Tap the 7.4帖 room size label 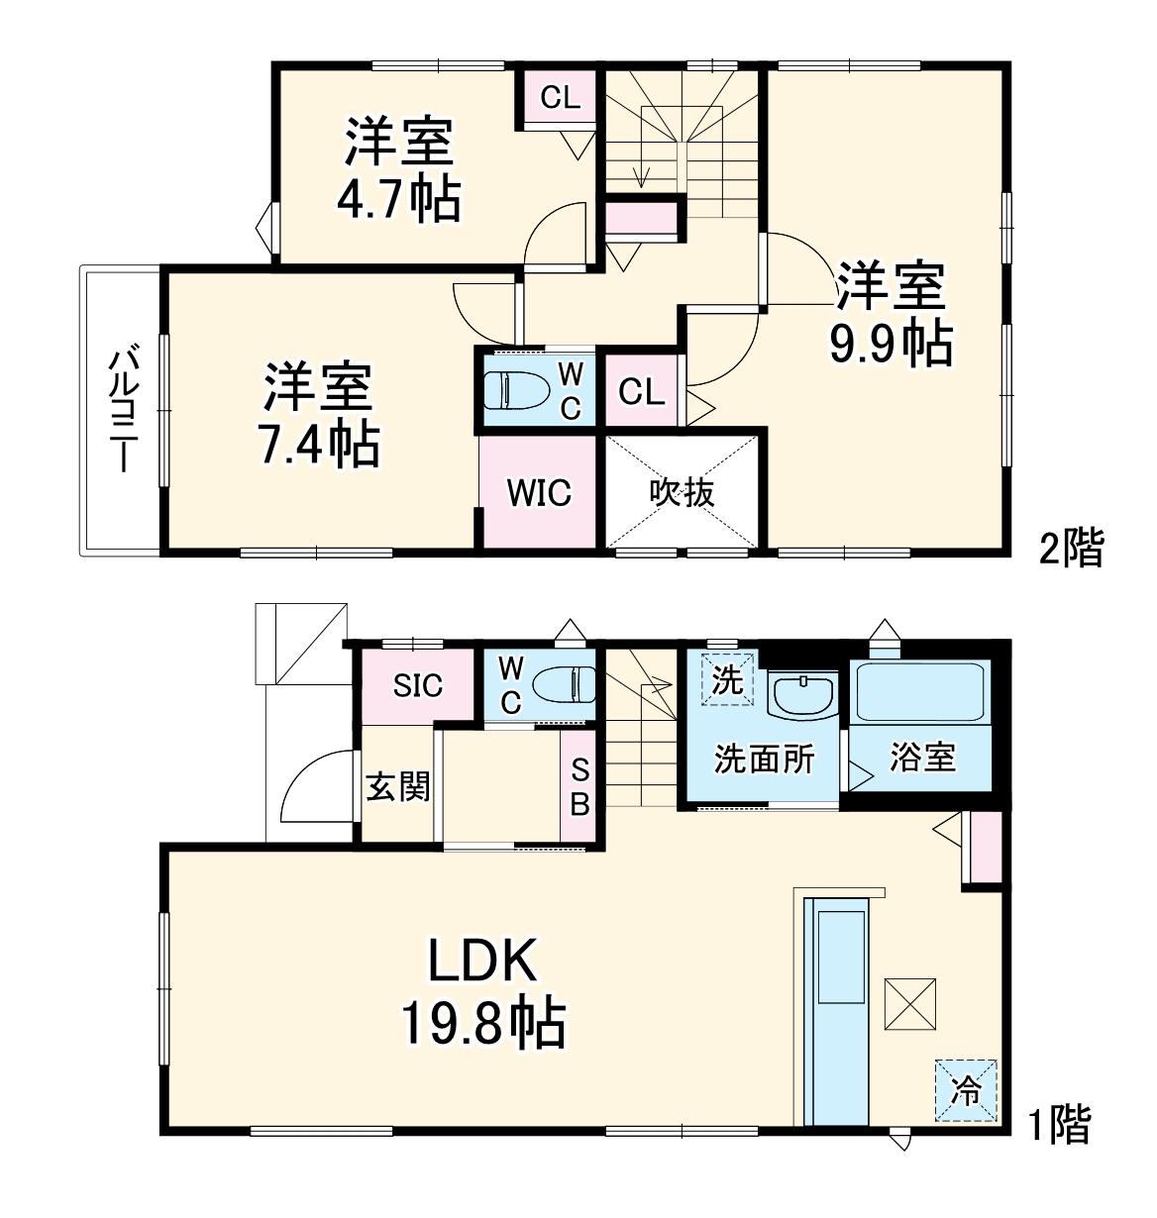(318, 445)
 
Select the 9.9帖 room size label (891, 344)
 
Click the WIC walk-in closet (540, 492)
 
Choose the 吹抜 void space (683, 492)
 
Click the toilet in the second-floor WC (514, 389)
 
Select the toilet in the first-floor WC (563, 684)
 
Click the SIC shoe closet (417, 685)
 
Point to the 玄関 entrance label (398, 787)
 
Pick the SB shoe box (579, 787)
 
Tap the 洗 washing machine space (728, 680)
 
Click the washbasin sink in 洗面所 (803, 695)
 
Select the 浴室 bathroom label (922, 758)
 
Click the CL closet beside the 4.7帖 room (560, 97)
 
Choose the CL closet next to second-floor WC (641, 392)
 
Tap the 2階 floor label (1070, 548)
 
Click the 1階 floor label (1058, 1125)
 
